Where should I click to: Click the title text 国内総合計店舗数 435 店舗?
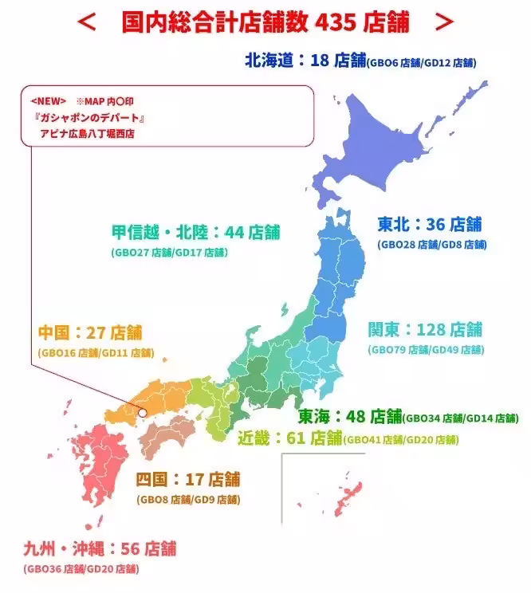click(x=265, y=23)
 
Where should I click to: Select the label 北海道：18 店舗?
click(x=305, y=60)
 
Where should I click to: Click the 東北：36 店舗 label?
click(x=430, y=224)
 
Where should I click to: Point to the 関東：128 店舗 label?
click(x=425, y=329)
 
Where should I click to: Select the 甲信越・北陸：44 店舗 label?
click(x=195, y=232)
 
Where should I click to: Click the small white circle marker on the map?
click(x=143, y=413)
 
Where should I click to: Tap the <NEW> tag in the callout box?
click(x=48, y=102)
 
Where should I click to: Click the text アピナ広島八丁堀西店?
click(x=88, y=133)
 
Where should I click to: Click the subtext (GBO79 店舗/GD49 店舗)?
click(x=425, y=350)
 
